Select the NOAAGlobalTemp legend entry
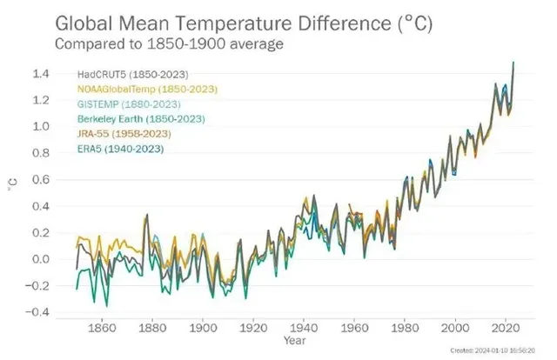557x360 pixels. [135, 90]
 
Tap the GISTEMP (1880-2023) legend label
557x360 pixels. [120, 105]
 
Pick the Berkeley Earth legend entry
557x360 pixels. [131, 120]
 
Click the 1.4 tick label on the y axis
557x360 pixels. [41, 74]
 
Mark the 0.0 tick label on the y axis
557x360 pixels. [41, 259]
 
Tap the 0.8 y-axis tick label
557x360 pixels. [41, 153]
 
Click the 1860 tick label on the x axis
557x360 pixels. [103, 329]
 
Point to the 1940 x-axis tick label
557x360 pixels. [304, 329]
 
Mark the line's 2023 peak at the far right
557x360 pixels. [513, 63]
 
